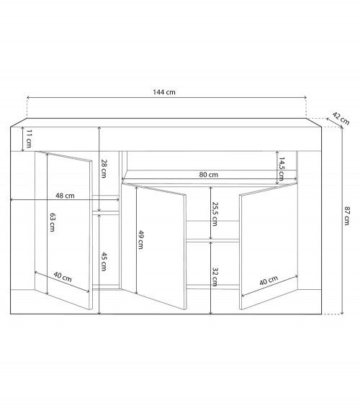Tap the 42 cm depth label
(x=341, y=116)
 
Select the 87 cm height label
(x=348, y=217)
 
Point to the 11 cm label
(x=28, y=138)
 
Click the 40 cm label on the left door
(x=63, y=278)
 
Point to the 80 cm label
(x=209, y=175)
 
